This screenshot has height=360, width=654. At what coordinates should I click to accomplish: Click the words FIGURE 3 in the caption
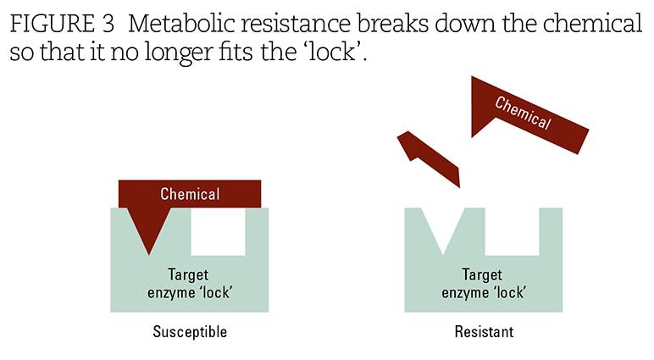pyautogui.click(x=62, y=23)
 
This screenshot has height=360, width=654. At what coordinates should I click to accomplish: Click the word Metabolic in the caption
pyautogui.click(x=181, y=23)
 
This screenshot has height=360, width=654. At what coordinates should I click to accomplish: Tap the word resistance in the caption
pyautogui.click(x=296, y=23)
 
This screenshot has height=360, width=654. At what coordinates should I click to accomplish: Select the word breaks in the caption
pyautogui.click(x=392, y=23)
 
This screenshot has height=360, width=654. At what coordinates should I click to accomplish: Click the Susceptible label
pyautogui.click(x=190, y=332)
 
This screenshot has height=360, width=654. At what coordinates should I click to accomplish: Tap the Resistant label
pyautogui.click(x=484, y=332)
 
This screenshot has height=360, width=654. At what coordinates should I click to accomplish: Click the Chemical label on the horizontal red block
pyautogui.click(x=190, y=194)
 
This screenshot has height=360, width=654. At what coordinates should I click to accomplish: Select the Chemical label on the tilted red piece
pyautogui.click(x=523, y=113)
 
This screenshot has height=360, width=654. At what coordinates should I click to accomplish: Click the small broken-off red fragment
pyautogui.click(x=430, y=158)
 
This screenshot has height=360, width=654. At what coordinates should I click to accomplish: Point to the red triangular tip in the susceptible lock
pyautogui.click(x=149, y=230)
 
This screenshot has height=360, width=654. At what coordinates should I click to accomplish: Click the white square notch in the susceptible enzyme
pyautogui.click(x=218, y=231)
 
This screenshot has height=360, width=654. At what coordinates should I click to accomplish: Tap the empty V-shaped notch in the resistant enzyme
pyautogui.click(x=442, y=227)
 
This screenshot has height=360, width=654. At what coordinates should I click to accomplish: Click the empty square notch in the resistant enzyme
pyautogui.click(x=513, y=231)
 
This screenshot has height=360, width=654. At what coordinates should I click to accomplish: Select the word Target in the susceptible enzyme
pyautogui.click(x=188, y=275)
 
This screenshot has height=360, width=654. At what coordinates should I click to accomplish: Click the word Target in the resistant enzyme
pyautogui.click(x=482, y=275)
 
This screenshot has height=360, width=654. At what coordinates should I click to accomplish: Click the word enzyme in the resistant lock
pyautogui.click(x=463, y=293)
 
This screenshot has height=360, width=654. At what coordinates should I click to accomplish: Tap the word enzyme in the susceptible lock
pyautogui.click(x=169, y=293)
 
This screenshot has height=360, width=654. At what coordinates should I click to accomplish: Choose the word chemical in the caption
pyautogui.click(x=592, y=23)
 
